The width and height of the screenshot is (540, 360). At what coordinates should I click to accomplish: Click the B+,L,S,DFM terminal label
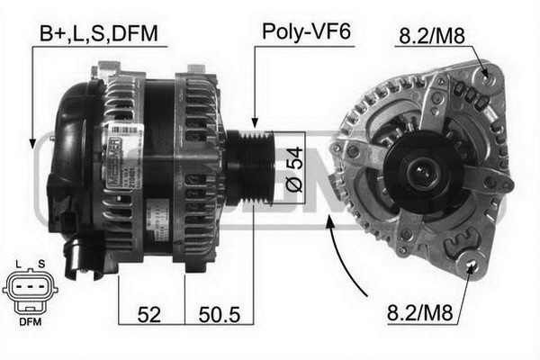pyautogui.click(x=99, y=34)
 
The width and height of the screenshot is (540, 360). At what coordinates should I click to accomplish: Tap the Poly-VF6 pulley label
pyautogui.click(x=306, y=31)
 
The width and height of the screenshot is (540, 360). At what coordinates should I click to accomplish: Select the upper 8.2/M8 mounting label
pyautogui.click(x=432, y=36)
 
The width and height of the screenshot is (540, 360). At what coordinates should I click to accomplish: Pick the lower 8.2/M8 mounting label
pyautogui.click(x=419, y=313)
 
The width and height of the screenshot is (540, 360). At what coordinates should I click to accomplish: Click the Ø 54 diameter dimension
pyautogui.click(x=295, y=169)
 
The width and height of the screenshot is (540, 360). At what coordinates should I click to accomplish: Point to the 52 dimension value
pyautogui.click(x=149, y=314)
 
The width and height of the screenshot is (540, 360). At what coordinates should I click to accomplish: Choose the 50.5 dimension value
pyautogui.click(x=220, y=314)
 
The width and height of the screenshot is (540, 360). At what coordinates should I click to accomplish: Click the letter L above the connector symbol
pyautogui.click(x=18, y=265)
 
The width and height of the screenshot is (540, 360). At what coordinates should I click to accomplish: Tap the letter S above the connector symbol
pyautogui.click(x=41, y=265)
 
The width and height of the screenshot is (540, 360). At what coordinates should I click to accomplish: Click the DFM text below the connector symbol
pyautogui.click(x=31, y=322)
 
